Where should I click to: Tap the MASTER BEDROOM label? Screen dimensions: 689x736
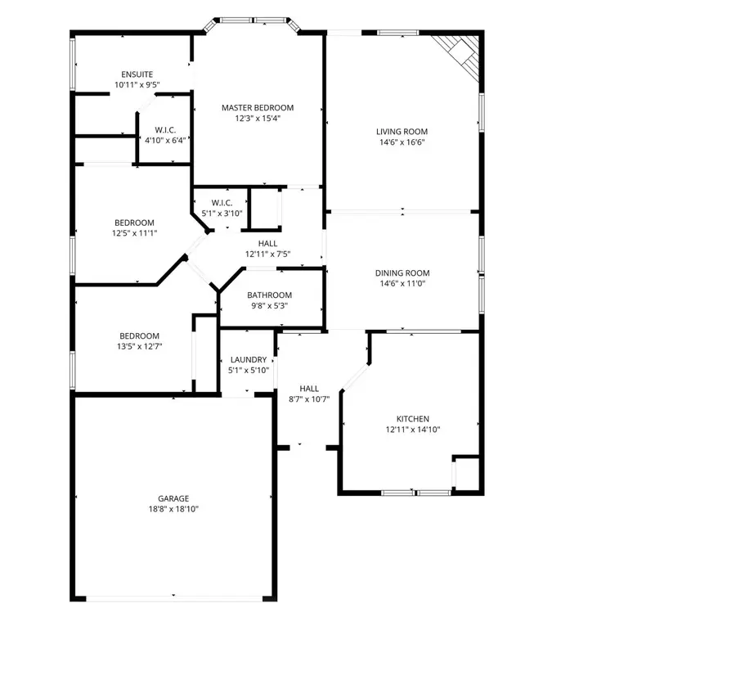point(258,108)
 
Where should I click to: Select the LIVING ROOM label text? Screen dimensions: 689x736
point(402,132)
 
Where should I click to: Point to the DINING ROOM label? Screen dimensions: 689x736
point(402,273)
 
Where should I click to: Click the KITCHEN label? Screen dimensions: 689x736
point(413,419)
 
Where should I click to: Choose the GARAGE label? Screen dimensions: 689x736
point(173,498)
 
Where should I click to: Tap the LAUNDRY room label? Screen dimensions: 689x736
point(249,360)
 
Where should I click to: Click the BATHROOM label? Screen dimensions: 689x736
point(270,295)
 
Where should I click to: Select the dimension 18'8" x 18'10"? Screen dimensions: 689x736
point(173,509)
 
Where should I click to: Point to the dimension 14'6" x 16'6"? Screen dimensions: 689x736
point(402,142)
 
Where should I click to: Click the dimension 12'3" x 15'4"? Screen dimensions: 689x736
point(258,119)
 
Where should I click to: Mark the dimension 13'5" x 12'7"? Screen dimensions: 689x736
point(139,346)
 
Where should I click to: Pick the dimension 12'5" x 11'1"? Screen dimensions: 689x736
point(134,233)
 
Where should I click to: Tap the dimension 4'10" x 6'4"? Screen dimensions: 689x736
point(166,140)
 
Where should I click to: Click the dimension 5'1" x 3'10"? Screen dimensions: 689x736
point(222,214)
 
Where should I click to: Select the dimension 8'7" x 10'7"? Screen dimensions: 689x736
point(309,399)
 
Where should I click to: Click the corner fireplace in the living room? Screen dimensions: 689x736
point(461,52)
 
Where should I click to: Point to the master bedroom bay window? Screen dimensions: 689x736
point(252,20)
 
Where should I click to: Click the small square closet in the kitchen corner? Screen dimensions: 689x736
point(466,474)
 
